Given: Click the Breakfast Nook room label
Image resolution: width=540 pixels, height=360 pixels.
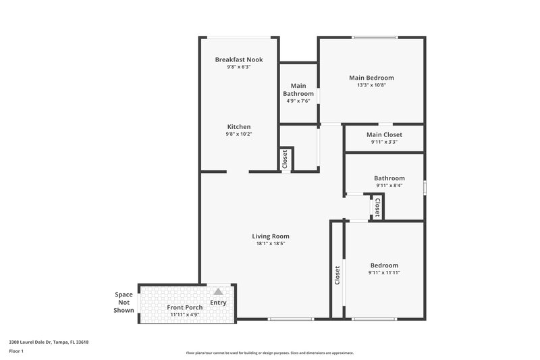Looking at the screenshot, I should (x=239, y=59).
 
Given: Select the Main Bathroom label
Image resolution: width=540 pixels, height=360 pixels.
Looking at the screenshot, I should (x=298, y=89).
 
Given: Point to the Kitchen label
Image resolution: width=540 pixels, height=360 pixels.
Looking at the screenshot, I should (x=239, y=126).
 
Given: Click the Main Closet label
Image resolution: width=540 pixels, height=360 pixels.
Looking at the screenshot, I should (x=384, y=134).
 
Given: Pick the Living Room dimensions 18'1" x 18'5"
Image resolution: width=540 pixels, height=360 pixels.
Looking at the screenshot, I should (x=271, y=244).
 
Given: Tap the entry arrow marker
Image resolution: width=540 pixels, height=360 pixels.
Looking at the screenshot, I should (x=218, y=292).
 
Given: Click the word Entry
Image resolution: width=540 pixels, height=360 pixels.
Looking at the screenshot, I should (x=218, y=303).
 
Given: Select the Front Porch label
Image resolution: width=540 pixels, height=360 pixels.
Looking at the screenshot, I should (x=185, y=307).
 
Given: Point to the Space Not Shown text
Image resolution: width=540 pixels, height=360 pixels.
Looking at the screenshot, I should (x=124, y=302).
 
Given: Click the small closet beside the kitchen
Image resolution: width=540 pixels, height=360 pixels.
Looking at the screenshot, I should (x=285, y=159).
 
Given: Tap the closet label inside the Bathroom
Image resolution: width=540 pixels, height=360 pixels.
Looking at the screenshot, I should (x=377, y=206).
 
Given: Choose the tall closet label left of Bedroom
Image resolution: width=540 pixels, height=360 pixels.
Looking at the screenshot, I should (x=337, y=276).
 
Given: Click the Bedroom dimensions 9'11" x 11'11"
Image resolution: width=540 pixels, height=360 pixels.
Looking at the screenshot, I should (x=384, y=273).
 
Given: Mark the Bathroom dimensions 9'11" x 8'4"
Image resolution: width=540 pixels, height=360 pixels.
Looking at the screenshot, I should (x=389, y=186).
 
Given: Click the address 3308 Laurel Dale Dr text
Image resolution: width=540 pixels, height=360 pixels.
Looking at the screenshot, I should (x=49, y=342).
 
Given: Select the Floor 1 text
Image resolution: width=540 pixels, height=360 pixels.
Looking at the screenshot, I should (x=16, y=351).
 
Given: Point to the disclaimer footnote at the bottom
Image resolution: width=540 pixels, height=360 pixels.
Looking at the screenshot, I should (x=270, y=353).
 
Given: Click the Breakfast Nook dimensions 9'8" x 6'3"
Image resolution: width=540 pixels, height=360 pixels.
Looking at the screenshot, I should (x=239, y=67).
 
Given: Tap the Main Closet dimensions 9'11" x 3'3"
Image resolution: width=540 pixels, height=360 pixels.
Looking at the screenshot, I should (x=384, y=142).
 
